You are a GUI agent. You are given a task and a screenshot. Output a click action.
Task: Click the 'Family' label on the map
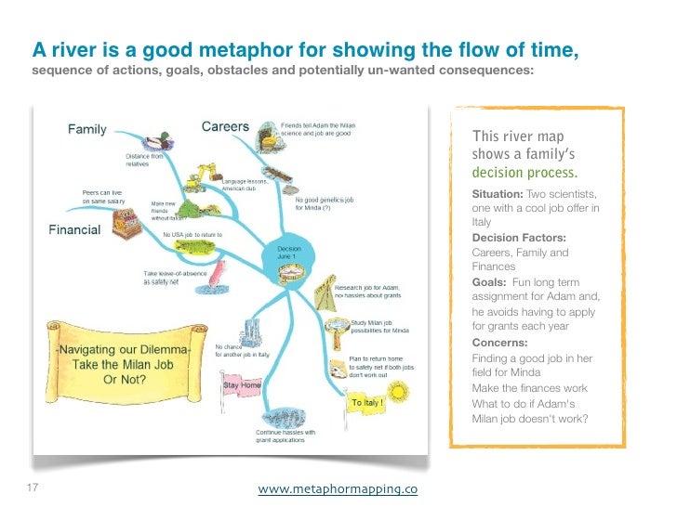(x=86, y=130)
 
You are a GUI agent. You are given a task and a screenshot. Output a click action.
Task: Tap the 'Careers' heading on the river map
(x=225, y=126)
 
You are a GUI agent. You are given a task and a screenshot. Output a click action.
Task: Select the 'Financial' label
(x=74, y=229)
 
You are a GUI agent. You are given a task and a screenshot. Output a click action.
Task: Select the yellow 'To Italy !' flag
(x=368, y=403)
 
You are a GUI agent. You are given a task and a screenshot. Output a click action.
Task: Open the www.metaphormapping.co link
(x=337, y=489)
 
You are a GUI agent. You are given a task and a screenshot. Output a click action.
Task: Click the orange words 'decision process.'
(x=524, y=173)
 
